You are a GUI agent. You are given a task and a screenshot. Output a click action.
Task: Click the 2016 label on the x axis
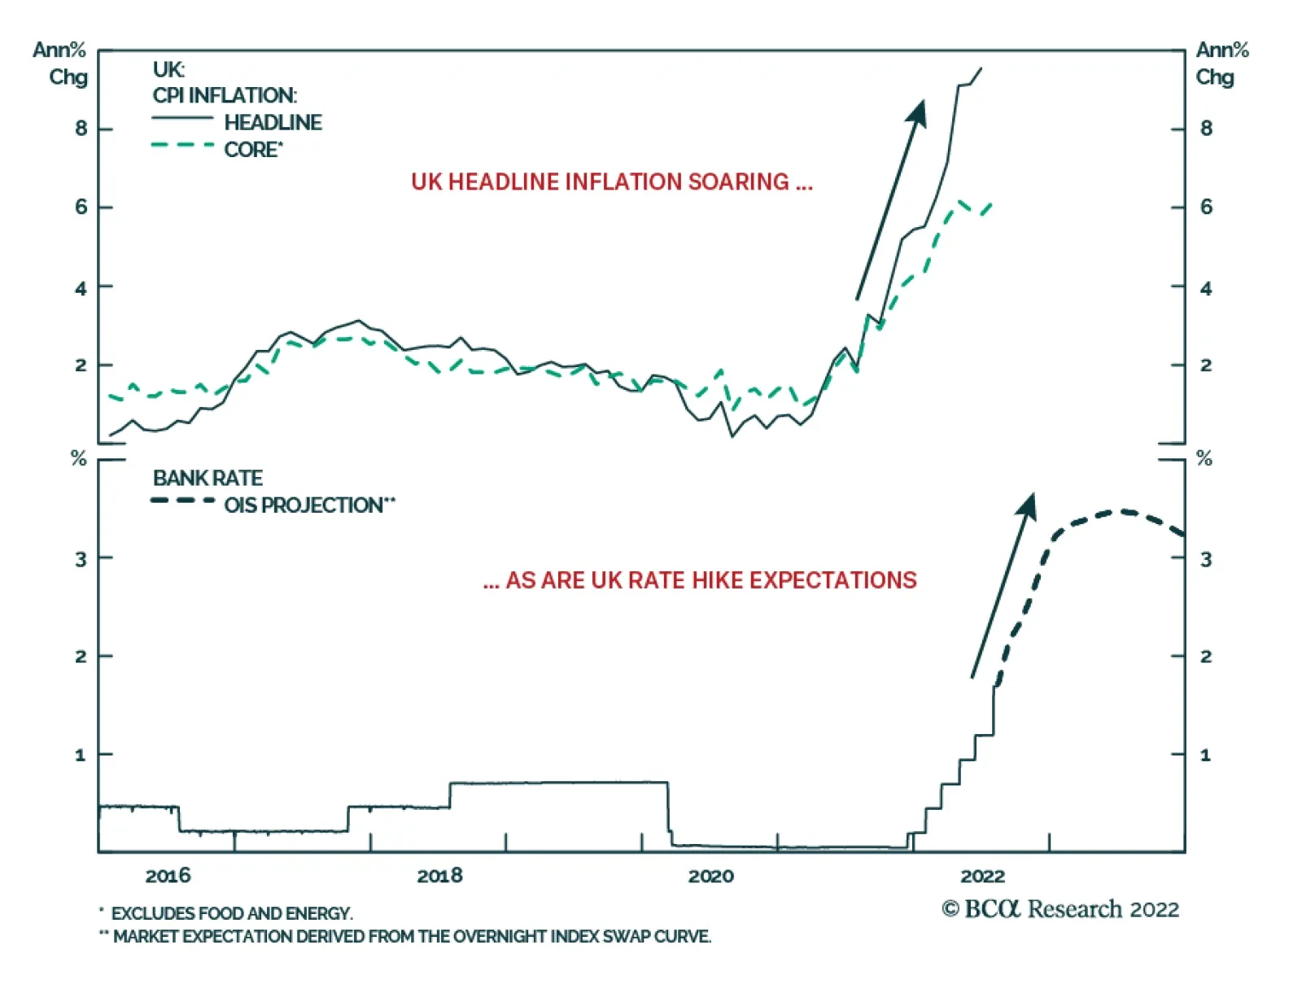pos(168,876)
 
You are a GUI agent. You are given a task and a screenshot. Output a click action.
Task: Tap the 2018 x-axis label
pos(439,876)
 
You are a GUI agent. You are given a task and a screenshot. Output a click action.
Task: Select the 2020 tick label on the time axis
pos(710,876)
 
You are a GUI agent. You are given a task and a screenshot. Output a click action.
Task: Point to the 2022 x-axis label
pos(982,876)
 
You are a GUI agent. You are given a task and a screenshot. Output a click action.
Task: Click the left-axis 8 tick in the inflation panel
pos(81,129)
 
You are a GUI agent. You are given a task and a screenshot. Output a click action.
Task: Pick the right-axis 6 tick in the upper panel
pos(1206,207)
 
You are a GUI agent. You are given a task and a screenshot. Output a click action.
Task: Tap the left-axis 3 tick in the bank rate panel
pos(81,559)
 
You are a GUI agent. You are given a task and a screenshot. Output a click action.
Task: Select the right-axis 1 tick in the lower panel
pos(1206,755)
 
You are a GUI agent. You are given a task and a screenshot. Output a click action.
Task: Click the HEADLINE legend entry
pos(273,122)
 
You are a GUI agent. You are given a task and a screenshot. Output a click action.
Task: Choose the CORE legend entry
pos(253,150)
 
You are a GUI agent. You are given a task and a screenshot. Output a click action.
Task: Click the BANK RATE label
pos(208,478)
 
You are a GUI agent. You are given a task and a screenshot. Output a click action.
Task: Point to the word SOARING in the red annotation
pos(738,181)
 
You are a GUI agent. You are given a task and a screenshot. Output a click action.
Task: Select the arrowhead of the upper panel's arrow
pos(919,112)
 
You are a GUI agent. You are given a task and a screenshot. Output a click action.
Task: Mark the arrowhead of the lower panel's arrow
pos(1028,504)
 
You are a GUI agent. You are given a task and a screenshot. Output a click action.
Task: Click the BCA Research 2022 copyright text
pos(1060,909)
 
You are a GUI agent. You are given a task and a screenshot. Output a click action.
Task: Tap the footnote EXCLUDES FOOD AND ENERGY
pos(231,913)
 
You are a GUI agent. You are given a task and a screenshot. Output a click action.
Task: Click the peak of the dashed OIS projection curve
pos(1124,511)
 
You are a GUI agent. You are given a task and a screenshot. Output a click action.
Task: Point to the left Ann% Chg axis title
pos(60,63)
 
